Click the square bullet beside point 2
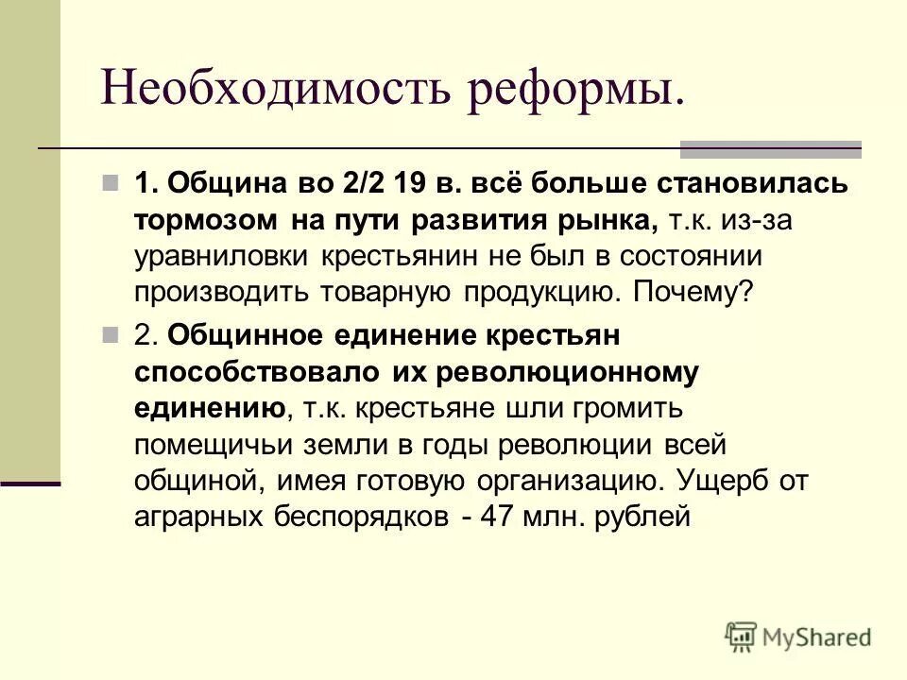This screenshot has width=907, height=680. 111,335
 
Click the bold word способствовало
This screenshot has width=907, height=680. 259,372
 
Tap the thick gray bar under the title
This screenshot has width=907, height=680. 771,148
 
